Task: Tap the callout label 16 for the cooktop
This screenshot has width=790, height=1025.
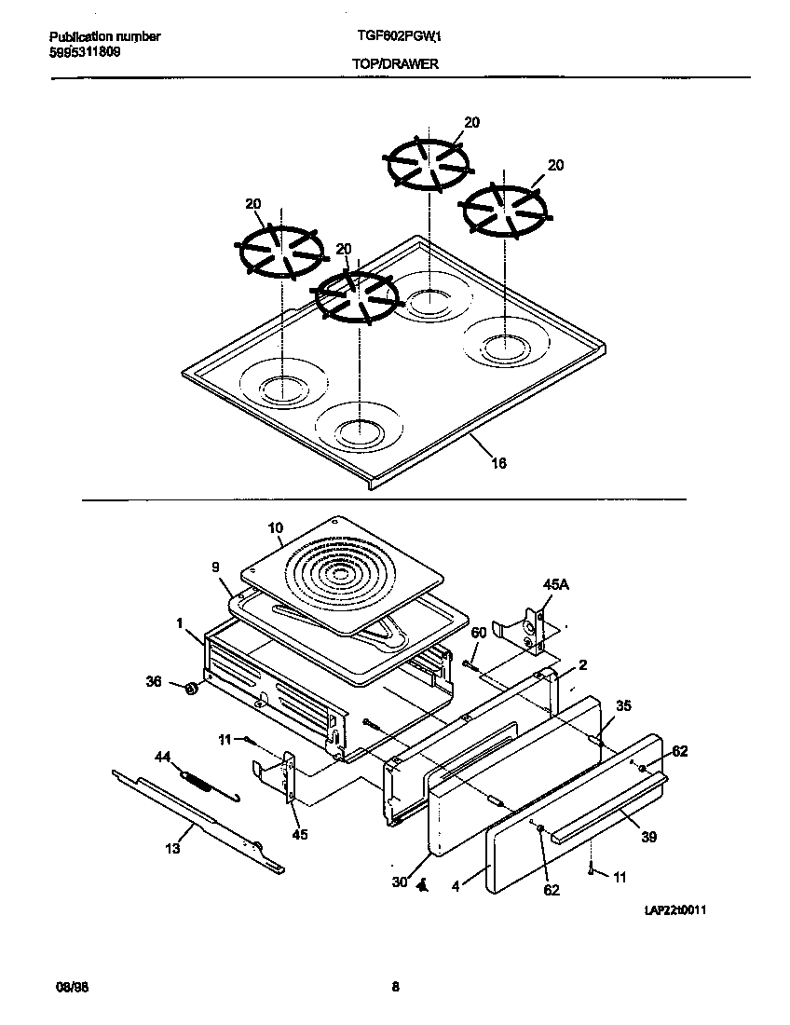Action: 498,463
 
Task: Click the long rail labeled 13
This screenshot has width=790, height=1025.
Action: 196,820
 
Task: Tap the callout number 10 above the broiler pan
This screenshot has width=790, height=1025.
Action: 275,528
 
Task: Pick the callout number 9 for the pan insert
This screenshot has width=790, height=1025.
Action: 215,566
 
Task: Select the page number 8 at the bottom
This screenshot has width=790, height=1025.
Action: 395,988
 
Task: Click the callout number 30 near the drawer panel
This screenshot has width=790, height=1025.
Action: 399,881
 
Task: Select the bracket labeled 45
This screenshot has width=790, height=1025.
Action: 289,778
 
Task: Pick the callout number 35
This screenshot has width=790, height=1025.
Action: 623,706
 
